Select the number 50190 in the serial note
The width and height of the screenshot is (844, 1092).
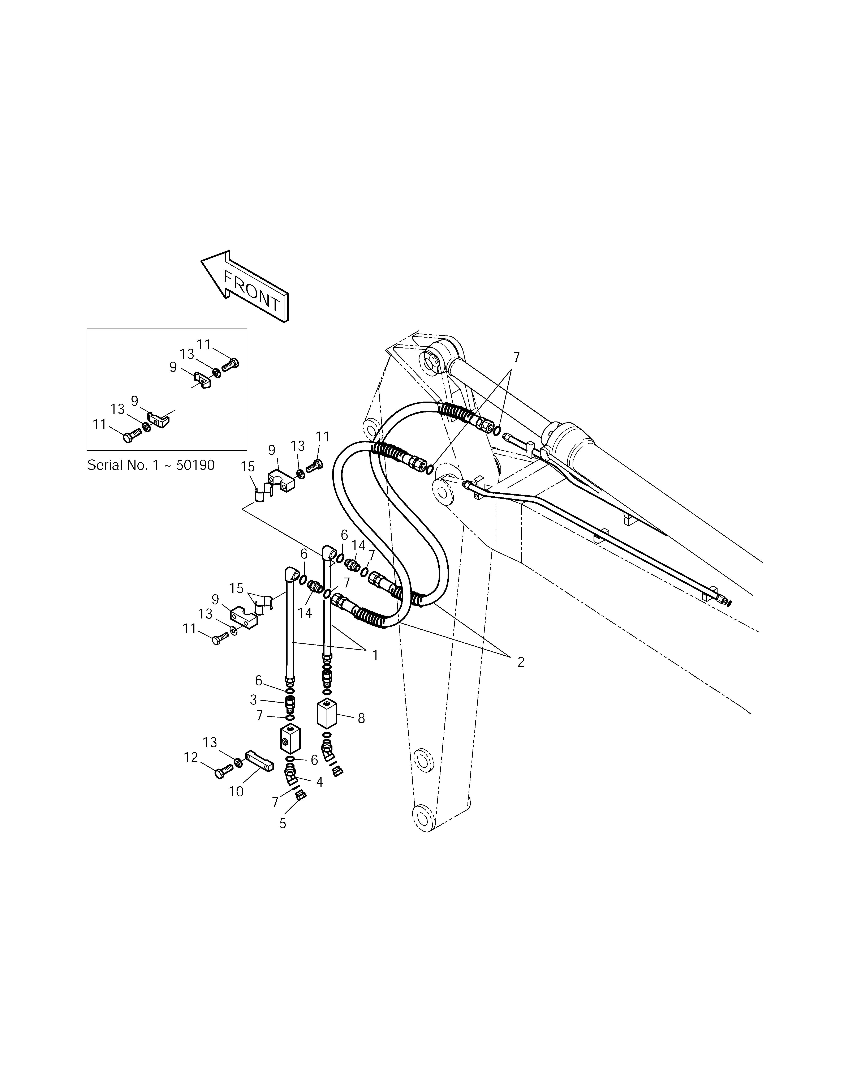(x=194, y=465)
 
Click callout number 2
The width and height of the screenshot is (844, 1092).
(x=521, y=662)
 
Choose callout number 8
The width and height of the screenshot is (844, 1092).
(x=361, y=719)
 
